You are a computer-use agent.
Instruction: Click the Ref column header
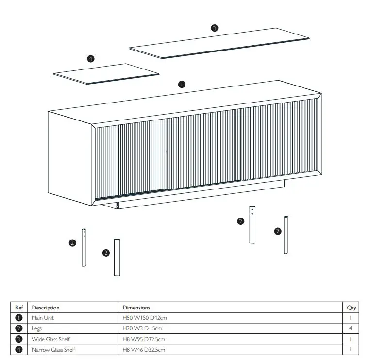(19, 308)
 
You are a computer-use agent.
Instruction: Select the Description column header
(46, 308)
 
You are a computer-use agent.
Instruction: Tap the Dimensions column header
(136, 308)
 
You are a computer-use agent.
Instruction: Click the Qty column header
(351, 308)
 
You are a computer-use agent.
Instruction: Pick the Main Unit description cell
(44, 318)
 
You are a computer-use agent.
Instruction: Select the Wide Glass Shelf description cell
(50, 339)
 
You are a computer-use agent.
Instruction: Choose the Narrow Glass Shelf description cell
(53, 350)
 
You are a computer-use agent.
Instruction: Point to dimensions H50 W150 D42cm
(145, 318)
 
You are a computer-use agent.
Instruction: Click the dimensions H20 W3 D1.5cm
(144, 329)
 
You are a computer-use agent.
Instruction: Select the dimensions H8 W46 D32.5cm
(144, 350)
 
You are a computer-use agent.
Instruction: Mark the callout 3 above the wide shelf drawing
(214, 28)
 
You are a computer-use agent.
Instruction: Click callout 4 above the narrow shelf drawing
(90, 59)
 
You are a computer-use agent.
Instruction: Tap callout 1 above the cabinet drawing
(181, 84)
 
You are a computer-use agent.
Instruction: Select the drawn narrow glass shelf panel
(106, 74)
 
